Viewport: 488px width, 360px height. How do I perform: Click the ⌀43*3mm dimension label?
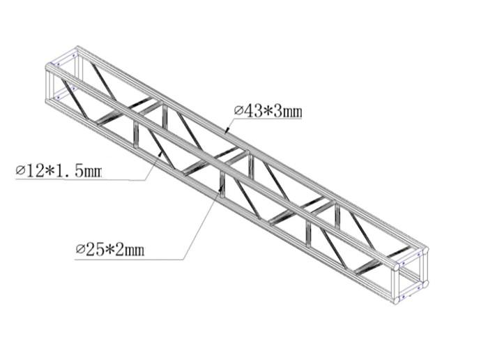point(268,110)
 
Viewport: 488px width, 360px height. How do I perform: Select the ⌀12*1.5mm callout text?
point(59,170)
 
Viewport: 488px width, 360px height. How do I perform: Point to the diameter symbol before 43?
point(238,110)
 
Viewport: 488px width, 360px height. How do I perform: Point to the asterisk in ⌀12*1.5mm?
point(49,170)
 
